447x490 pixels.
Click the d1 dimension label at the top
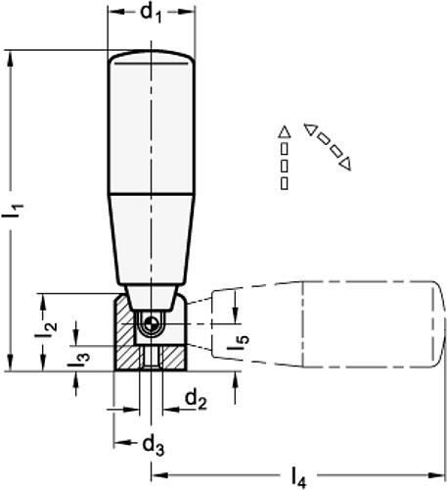(150, 15)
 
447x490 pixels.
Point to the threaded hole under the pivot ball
(149, 358)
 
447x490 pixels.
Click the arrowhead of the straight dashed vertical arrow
(284, 131)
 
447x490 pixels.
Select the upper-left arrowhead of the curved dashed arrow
(308, 128)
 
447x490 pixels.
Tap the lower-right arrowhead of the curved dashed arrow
(343, 162)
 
